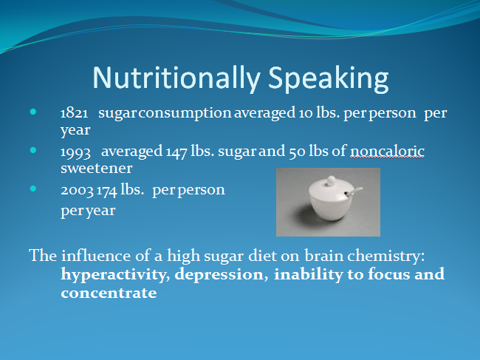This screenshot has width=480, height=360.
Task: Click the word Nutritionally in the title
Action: pos(176,78)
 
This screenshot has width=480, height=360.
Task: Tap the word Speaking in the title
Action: pos(329,78)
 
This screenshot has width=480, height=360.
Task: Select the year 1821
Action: pos(75,113)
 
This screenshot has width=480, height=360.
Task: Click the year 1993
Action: pos(75,152)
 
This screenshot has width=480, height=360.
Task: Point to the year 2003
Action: pos(77,190)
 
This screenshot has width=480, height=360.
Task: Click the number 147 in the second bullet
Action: pos(176,152)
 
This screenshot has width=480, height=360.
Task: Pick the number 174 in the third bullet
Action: pos(107,191)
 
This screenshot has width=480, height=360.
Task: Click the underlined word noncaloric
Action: pos(387,151)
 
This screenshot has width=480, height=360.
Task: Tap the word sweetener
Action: pos(97,168)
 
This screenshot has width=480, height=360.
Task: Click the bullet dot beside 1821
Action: pos(33,112)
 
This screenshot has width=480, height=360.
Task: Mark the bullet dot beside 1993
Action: pos(33,150)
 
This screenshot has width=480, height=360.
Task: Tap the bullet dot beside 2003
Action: pos(33,189)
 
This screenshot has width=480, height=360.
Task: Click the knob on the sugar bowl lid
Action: pos(330,180)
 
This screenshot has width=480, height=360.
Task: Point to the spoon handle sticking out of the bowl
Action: pos(354,191)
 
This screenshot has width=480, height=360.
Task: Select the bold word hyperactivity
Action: pos(115,274)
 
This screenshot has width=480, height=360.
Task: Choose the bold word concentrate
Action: pos(109,293)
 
